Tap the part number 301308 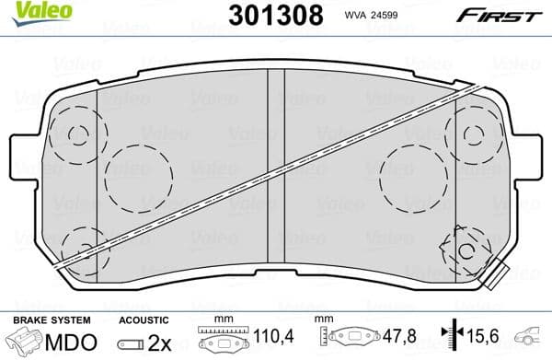[x=275, y=16]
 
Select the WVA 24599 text [x=372, y=16]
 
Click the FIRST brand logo [x=501, y=15]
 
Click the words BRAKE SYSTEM [x=52, y=319]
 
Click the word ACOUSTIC [x=145, y=319]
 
